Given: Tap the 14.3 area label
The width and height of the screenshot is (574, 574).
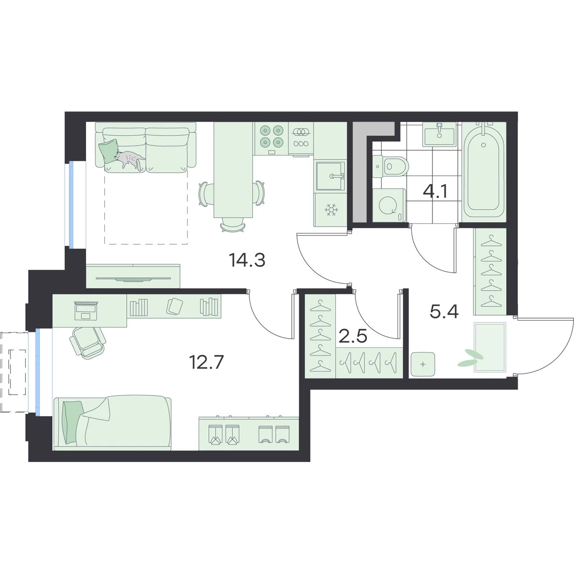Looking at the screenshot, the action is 247,260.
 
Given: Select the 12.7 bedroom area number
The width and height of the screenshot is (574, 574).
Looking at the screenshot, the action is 206,363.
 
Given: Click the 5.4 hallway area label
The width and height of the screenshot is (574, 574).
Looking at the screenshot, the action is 444,312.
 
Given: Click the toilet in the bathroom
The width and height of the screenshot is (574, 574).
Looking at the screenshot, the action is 391,167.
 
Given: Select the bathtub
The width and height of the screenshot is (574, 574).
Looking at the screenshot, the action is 484,172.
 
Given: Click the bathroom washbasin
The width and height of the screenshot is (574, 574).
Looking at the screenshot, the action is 440,135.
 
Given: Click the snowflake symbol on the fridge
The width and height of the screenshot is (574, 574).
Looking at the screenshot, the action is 331,210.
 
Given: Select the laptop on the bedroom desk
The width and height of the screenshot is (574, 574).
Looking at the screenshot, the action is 87,310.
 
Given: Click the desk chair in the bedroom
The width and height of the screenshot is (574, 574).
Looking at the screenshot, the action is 87,342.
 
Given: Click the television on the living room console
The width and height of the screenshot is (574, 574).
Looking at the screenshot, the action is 133,279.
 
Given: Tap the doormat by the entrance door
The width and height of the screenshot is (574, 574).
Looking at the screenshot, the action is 490,348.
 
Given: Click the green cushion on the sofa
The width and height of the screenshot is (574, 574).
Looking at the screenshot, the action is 109,151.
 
